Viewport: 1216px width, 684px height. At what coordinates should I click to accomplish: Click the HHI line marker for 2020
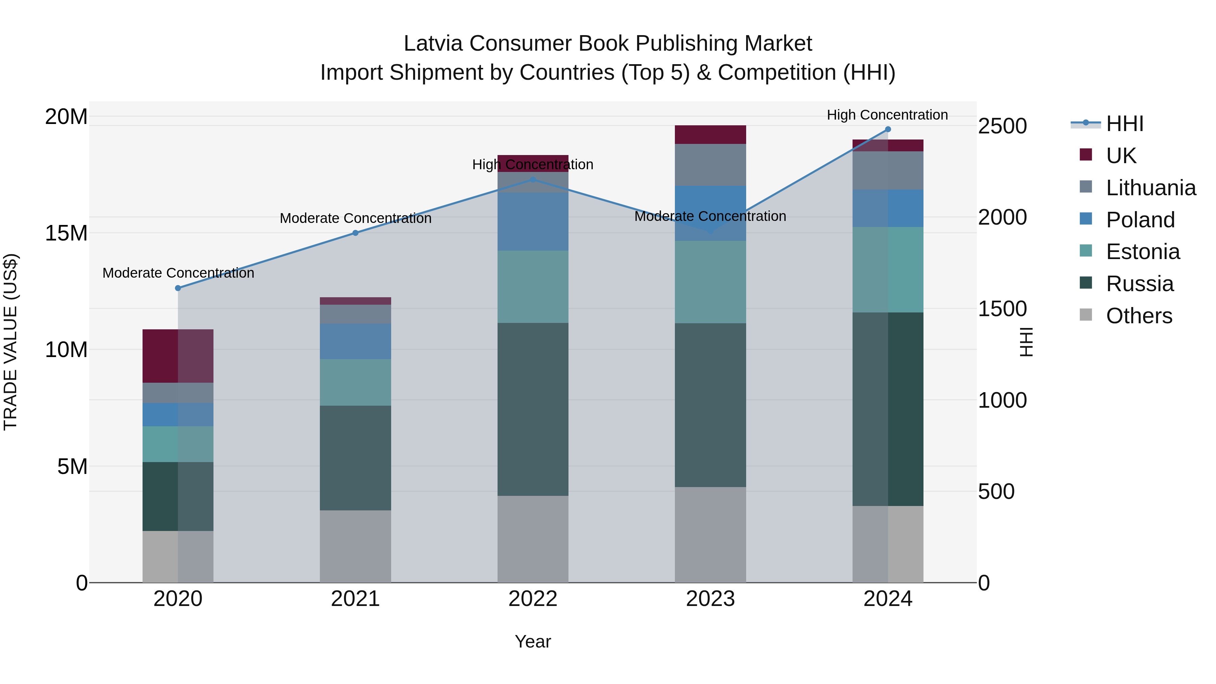tap(178, 288)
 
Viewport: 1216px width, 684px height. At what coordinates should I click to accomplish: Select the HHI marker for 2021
tap(355, 233)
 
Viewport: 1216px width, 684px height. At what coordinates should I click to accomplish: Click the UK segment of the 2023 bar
tap(710, 134)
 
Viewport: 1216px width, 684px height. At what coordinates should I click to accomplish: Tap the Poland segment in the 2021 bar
tap(355, 341)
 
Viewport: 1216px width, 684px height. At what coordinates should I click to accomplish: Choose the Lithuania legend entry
tap(1150, 188)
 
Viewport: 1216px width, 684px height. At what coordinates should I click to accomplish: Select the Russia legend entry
tap(1140, 284)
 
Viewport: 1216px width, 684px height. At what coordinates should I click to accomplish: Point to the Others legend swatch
tap(1086, 315)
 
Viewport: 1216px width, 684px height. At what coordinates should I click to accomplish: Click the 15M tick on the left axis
tap(66, 233)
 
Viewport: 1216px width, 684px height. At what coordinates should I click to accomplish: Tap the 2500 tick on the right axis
tap(1002, 127)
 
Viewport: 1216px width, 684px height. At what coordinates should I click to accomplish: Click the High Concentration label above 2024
tap(887, 115)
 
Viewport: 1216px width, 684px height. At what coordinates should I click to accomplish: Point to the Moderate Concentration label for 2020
tap(178, 273)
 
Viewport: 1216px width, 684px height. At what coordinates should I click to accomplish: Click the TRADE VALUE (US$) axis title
tap(10, 342)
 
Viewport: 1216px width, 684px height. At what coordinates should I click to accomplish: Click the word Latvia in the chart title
tap(433, 44)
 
